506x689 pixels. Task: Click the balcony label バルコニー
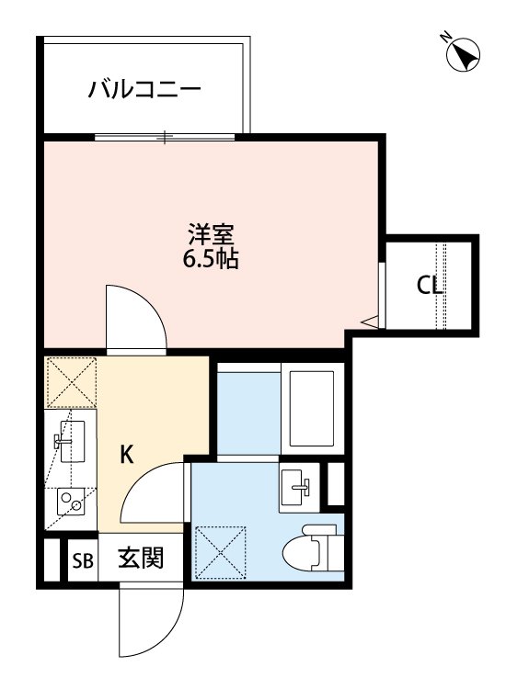pyautogui.click(x=144, y=89)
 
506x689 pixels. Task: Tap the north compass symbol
pyautogui.click(x=463, y=55)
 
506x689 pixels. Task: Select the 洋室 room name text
pyautogui.click(x=211, y=234)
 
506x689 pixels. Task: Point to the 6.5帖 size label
pyautogui.click(x=211, y=259)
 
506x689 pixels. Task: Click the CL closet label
pyautogui.click(x=429, y=286)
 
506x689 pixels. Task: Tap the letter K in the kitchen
pyautogui.click(x=127, y=455)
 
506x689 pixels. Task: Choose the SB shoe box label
pyautogui.click(x=83, y=560)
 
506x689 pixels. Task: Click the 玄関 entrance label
pyautogui.click(x=141, y=558)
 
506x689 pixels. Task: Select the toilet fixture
pyautogui.click(x=314, y=548)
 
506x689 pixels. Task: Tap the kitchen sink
pyautogui.click(x=72, y=441)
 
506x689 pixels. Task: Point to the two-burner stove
pyautogui.click(x=71, y=503)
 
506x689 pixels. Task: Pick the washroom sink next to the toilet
pyautogui.click(x=299, y=487)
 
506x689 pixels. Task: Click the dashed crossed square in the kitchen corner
pyautogui.click(x=71, y=382)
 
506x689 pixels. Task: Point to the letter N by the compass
pyautogui.click(x=447, y=38)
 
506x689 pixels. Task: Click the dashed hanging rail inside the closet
pyautogui.click(x=441, y=286)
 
